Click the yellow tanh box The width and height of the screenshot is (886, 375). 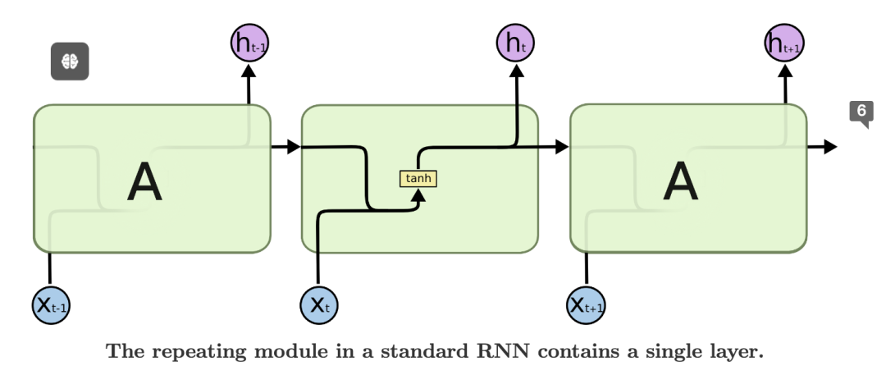(x=418, y=178)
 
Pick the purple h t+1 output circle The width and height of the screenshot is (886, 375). (x=784, y=43)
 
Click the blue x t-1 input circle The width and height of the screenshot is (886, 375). (x=51, y=305)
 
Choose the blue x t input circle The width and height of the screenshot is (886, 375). (x=319, y=305)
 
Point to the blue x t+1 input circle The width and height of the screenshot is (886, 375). (x=587, y=305)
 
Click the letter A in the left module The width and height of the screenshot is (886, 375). (x=144, y=182)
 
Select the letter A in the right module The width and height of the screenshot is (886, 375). (x=680, y=182)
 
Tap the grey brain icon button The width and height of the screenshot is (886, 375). (x=70, y=61)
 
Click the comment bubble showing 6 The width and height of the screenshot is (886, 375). (x=861, y=112)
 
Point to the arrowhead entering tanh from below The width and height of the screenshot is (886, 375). (x=418, y=194)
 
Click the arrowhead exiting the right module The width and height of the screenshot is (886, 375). (x=830, y=147)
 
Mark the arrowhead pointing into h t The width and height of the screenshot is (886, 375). (x=517, y=71)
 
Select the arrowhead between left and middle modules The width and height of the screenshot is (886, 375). (x=293, y=147)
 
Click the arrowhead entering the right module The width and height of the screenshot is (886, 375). (x=561, y=147)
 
